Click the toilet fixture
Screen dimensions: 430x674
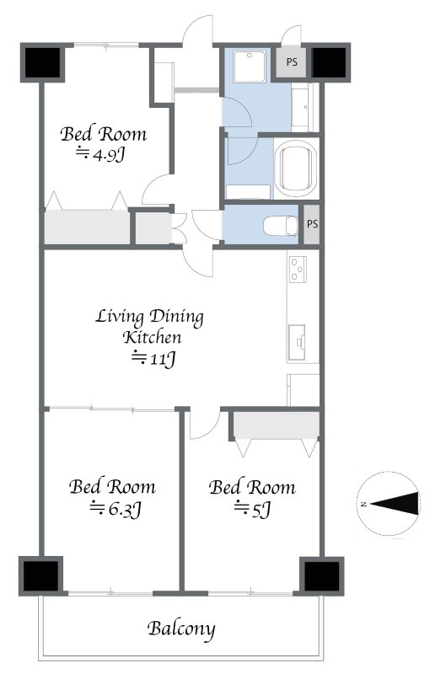281,226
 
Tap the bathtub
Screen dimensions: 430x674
296,168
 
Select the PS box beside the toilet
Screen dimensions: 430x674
312,224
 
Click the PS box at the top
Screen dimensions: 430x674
292,62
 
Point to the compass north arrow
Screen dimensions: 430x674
394,504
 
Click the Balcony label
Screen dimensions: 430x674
181,629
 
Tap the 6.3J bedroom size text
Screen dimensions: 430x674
116,510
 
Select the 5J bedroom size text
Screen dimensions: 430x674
252,510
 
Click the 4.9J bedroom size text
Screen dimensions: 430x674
100,154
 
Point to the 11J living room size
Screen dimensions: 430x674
153,359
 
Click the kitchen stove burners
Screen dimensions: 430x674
298,269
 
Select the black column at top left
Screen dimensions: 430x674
42,62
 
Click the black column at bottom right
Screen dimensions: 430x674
321,575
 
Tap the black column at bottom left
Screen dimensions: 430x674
40,575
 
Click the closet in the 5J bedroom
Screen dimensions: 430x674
276,425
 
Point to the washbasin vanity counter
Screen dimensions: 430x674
305,107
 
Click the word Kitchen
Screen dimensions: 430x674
153,337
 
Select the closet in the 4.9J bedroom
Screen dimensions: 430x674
88,227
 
